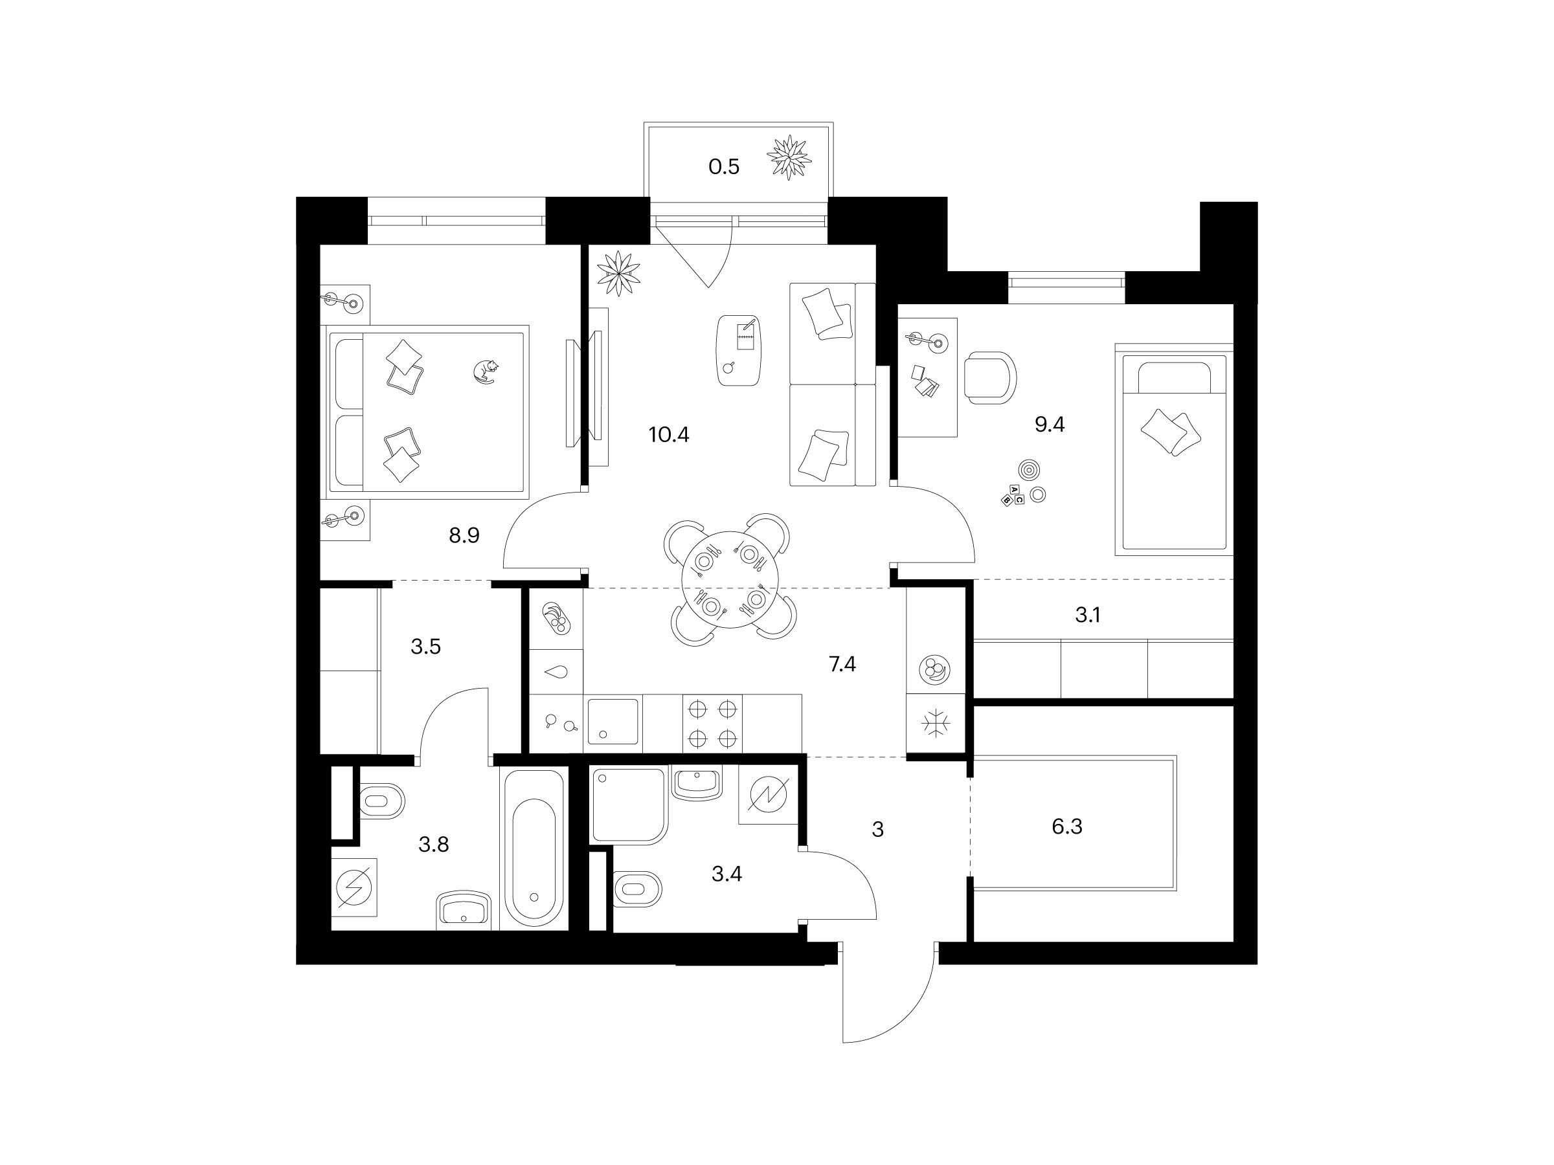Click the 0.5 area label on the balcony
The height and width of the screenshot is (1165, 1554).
click(724, 167)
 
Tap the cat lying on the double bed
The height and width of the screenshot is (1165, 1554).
click(486, 371)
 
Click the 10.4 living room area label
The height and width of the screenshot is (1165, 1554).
click(669, 435)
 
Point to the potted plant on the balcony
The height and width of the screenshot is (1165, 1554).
click(788, 157)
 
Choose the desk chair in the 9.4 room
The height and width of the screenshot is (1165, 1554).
click(990, 378)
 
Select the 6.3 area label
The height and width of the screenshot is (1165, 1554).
click(1066, 827)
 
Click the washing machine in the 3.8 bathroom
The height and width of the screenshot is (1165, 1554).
click(354, 887)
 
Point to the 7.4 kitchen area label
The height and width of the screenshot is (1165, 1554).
click(842, 663)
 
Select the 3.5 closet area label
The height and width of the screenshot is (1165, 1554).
click(426, 647)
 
